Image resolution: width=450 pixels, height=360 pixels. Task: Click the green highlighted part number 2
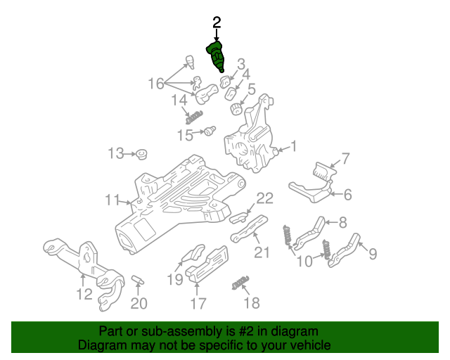(216, 57)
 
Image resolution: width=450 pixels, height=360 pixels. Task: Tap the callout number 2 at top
(217, 22)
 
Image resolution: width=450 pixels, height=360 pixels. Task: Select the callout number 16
(155, 84)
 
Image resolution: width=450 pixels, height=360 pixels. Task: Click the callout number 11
(112, 200)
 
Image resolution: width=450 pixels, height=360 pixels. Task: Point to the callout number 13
(115, 153)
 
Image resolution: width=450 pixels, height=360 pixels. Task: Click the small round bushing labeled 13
(141, 153)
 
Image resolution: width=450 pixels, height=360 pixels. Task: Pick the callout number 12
(84, 293)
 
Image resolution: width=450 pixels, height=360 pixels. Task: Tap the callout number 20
(139, 304)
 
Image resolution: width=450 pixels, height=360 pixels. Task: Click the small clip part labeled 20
(138, 281)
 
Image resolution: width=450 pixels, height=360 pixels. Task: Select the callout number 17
(198, 304)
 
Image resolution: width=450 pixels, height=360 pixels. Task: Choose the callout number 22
(264, 198)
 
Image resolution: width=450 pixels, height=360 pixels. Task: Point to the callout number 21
(261, 252)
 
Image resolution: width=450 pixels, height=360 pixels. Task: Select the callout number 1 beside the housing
(293, 147)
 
